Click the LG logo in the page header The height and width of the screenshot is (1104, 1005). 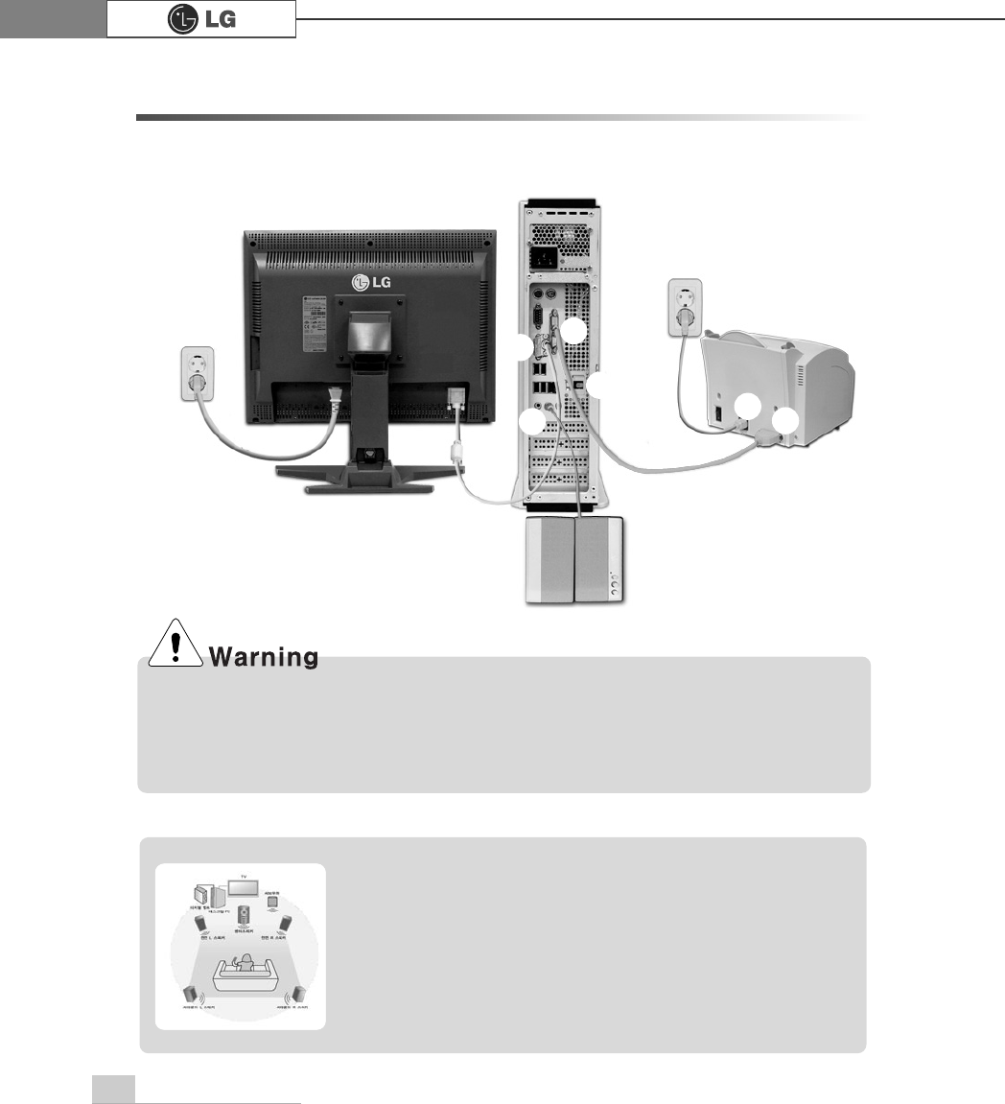200,18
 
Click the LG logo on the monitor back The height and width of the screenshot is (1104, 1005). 368,281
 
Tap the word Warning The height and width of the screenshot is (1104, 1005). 263,658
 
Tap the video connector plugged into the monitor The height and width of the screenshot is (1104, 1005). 456,397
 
